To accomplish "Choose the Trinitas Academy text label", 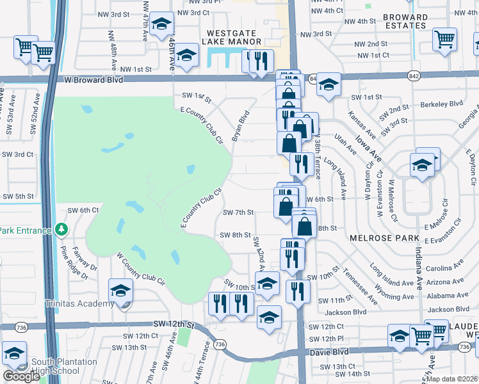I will click(79, 303).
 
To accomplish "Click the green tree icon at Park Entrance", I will click(61, 228).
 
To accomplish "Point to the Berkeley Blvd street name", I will click(441, 104).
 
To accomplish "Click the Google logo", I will click(22, 376).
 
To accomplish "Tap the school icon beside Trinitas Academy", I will click(120, 291).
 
